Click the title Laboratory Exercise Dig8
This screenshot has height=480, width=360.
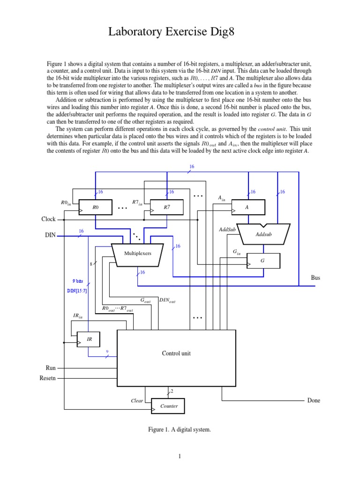click(x=180, y=32)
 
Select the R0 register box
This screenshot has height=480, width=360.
click(x=96, y=206)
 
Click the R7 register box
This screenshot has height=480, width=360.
click(x=167, y=206)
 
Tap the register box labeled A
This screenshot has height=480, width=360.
click(x=248, y=206)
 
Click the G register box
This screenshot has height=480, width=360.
click(x=263, y=261)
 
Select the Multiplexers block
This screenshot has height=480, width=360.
click(x=138, y=254)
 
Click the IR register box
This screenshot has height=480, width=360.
click(x=89, y=339)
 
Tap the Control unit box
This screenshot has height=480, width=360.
click(x=176, y=353)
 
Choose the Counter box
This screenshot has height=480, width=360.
click(x=168, y=406)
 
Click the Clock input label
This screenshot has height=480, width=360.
click(x=48, y=219)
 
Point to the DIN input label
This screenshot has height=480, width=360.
click(x=50, y=236)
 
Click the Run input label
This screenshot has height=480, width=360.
click(x=51, y=368)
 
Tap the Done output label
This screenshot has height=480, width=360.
click(x=314, y=401)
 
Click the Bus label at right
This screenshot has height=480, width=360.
click(x=315, y=277)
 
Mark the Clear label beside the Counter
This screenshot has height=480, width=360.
click(x=137, y=401)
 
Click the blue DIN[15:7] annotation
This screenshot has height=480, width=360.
click(x=76, y=291)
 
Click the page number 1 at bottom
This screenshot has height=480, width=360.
click(x=180, y=456)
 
